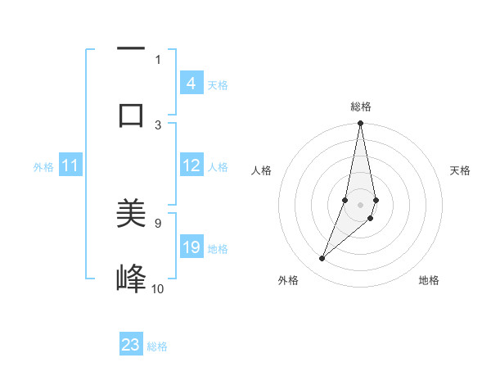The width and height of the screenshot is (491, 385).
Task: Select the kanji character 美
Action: point(131,214)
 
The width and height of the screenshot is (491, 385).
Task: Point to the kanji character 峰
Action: point(131,279)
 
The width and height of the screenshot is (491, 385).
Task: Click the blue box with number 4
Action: point(191,84)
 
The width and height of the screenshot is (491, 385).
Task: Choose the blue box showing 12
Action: point(191,165)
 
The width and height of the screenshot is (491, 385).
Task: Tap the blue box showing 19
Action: point(191,247)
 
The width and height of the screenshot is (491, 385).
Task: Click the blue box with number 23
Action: point(131,345)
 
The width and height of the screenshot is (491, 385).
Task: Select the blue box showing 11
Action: point(70,165)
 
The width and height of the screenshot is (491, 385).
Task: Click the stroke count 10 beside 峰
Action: point(158,288)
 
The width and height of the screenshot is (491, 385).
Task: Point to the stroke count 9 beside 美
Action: point(158,222)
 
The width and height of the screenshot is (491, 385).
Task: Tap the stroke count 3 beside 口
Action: point(158,125)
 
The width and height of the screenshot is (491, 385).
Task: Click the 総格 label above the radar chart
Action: point(361,106)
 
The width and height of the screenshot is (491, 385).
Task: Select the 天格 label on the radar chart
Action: point(461,170)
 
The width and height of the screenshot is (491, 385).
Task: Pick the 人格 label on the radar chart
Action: point(261,170)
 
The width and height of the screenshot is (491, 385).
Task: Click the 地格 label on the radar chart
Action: point(429,280)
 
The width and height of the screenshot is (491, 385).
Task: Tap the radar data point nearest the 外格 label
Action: point(322,259)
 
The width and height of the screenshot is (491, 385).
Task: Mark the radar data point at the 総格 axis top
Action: point(360,124)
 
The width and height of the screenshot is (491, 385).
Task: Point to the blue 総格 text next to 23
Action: point(157,346)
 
